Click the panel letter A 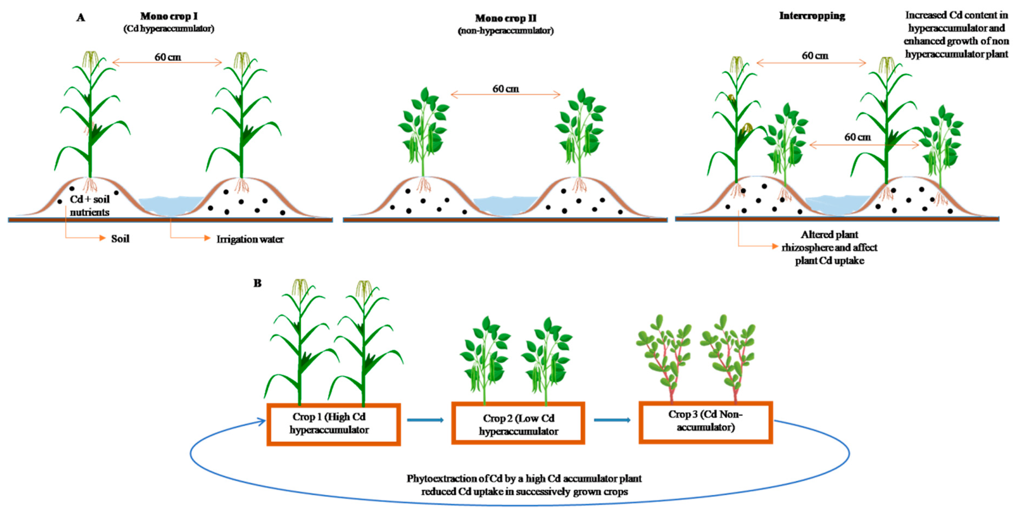point(81,17)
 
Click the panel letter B point(257,283)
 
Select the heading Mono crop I point(169,16)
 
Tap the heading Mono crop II point(505,18)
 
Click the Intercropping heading point(812,16)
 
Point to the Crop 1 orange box point(333,424)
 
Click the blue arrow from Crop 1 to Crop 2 point(425,420)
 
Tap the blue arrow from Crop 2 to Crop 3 point(612,420)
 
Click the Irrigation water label point(250,239)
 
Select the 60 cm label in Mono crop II point(505,89)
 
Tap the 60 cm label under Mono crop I point(168,57)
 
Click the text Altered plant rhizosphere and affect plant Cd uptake point(830,248)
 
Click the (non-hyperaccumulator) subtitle point(505,30)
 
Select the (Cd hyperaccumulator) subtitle point(169,29)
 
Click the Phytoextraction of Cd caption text point(524,485)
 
